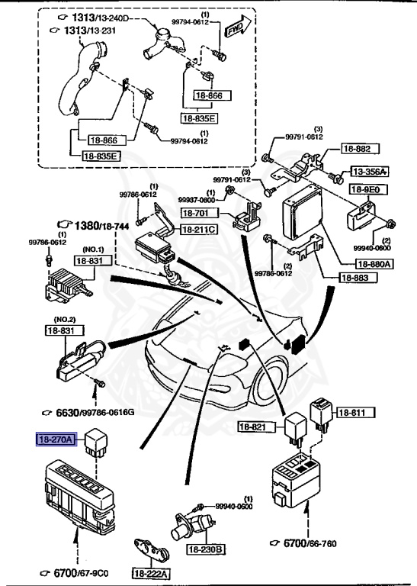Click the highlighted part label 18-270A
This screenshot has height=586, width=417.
point(57,439)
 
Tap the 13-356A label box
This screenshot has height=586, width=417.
point(370,172)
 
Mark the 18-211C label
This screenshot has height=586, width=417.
point(199,229)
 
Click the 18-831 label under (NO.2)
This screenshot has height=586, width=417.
point(59,330)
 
